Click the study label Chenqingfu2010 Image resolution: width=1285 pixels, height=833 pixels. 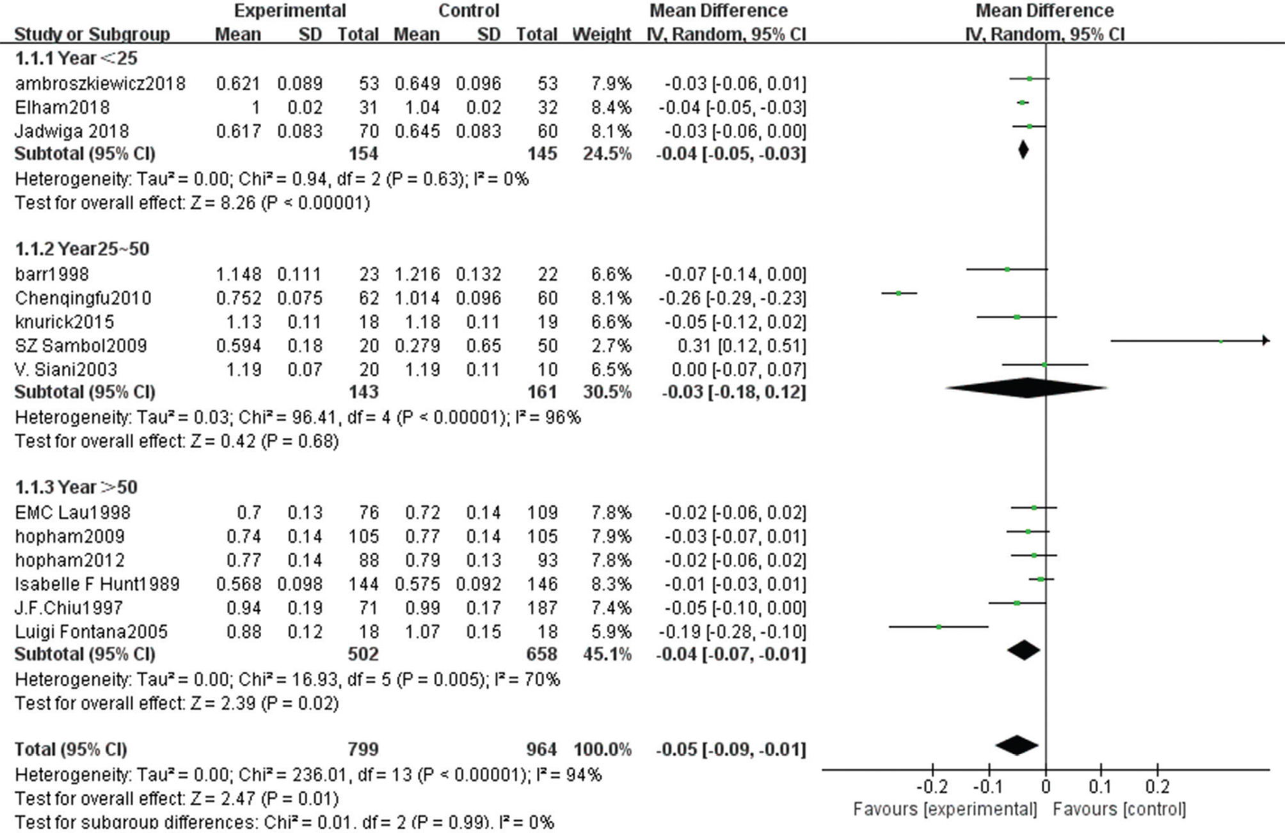tap(83, 298)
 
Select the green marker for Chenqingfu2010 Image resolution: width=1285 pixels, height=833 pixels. tap(898, 293)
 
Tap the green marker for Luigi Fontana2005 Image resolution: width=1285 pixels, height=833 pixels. tap(939, 627)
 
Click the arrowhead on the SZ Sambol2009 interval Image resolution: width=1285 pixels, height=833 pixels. tap(1265, 341)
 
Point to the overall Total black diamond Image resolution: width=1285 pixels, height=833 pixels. tap(1017, 745)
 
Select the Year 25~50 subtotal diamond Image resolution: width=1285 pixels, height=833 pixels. tap(1026, 388)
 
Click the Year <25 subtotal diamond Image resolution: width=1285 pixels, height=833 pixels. tap(1023, 150)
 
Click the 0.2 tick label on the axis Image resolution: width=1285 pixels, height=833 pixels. tap(1157, 787)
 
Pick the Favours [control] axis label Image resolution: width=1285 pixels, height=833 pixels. tap(1119, 809)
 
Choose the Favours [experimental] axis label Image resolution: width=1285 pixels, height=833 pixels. tap(945, 809)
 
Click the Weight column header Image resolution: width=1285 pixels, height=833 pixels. tap(602, 35)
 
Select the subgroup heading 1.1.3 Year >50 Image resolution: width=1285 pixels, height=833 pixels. tap(76, 487)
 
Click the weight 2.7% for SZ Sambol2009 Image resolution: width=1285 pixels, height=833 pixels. tap(611, 346)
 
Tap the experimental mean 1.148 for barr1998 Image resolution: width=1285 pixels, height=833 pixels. tap(238, 274)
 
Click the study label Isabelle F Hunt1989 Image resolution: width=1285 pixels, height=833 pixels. tap(97, 584)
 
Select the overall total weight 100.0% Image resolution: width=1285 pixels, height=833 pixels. tap(602, 749)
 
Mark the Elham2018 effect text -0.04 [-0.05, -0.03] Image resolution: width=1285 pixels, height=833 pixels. tap(732, 108)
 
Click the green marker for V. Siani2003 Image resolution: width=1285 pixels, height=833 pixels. tap(1044, 365)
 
